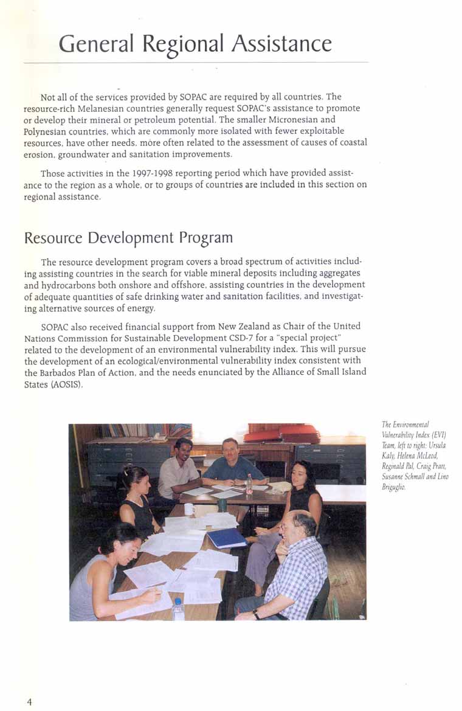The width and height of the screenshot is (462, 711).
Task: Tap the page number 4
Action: tap(29, 701)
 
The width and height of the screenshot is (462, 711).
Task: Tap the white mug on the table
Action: tap(189, 508)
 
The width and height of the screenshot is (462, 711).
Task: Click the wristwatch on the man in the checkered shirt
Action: tap(257, 614)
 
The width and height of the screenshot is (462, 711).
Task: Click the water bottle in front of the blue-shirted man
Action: tap(249, 484)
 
